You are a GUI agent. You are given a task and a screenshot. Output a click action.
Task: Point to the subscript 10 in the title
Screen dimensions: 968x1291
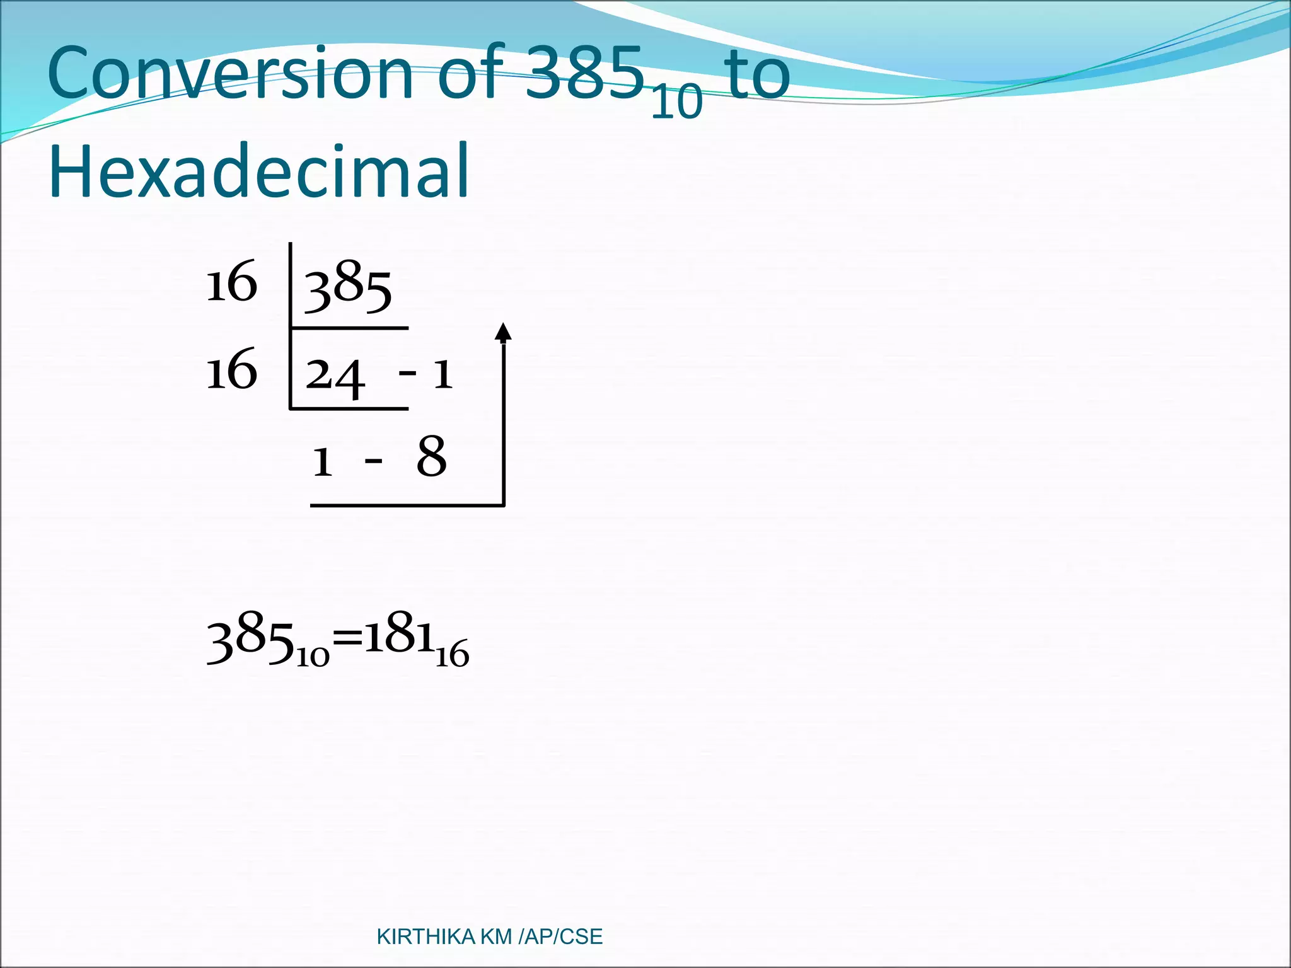676,101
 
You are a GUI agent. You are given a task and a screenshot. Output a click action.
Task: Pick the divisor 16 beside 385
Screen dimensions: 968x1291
232,282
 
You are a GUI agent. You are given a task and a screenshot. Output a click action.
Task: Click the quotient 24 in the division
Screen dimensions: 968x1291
335,376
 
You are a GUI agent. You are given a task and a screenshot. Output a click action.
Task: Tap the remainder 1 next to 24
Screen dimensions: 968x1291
443,374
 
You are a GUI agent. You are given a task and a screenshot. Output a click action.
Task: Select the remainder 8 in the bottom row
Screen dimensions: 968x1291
432,456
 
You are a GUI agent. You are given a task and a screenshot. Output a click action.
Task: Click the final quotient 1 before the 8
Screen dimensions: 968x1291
322,461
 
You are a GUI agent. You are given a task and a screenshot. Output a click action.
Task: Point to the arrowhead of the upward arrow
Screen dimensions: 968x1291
502,331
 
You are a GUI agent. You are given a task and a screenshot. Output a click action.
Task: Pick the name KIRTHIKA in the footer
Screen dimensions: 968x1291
426,937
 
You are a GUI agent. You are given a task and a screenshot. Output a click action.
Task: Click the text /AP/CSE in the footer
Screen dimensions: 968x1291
560,937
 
